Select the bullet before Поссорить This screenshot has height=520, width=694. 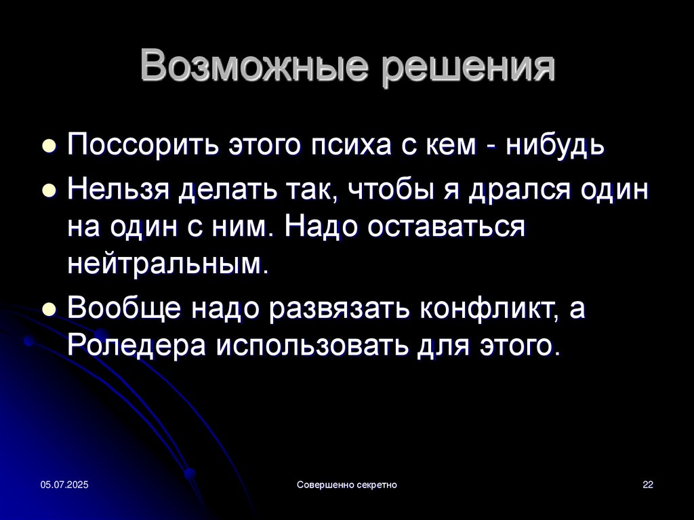click(x=49, y=146)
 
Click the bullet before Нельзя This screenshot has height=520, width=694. click(x=49, y=191)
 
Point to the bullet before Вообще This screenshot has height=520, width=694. click(x=49, y=308)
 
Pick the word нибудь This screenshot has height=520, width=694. click(x=556, y=144)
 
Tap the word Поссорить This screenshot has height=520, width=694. click(x=143, y=144)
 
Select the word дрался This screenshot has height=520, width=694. click(x=520, y=191)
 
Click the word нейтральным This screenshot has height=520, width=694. click(x=168, y=264)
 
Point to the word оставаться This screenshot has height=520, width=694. click(x=447, y=227)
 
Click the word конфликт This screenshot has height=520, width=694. click(x=489, y=308)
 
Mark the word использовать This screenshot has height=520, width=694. click(x=312, y=346)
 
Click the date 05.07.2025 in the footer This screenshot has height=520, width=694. click(x=64, y=485)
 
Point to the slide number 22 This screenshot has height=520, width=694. click(x=648, y=485)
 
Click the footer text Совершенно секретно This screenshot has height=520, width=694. click(x=347, y=485)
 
